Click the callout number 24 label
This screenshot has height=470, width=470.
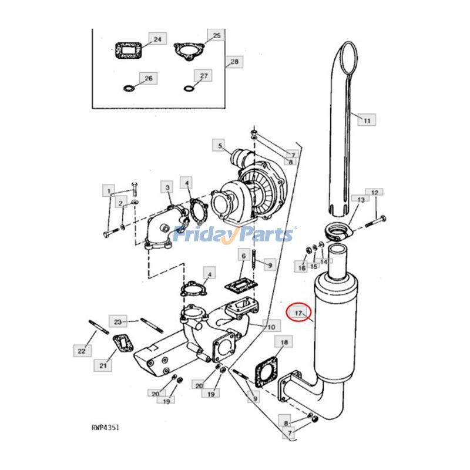(157, 39)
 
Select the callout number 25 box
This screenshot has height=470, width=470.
(216, 35)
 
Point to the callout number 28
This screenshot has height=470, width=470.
(234, 62)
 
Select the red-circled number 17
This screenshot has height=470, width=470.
(298, 313)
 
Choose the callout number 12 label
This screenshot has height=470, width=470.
(375, 192)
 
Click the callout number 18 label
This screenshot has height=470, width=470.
(284, 343)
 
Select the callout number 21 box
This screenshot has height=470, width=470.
(103, 366)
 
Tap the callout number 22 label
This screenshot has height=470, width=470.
(82, 351)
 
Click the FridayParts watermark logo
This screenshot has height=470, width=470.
(235, 235)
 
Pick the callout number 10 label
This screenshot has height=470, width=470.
(270, 326)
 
